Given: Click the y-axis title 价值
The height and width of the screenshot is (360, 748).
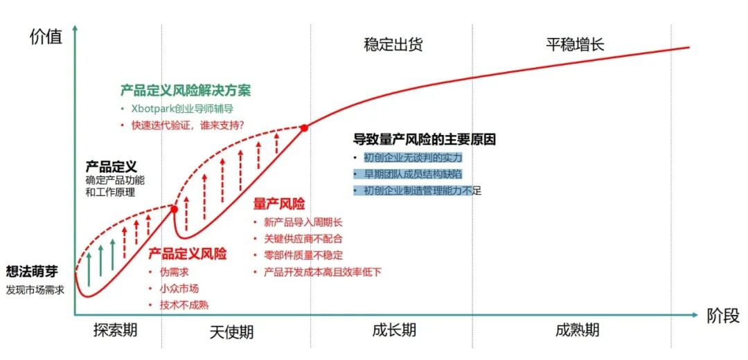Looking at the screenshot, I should (46, 37).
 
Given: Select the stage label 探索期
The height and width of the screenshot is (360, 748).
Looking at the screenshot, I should (115, 330).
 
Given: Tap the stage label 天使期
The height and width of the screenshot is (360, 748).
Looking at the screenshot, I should (231, 332).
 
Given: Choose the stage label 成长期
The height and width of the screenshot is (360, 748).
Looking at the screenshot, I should (393, 330).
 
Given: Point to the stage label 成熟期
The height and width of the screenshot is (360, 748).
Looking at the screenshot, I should (577, 330).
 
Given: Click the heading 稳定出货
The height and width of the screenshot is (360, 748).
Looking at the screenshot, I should (393, 46).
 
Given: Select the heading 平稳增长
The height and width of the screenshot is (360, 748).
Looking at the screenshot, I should (575, 46).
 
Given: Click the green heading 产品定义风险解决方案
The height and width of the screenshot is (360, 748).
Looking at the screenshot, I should (186, 91).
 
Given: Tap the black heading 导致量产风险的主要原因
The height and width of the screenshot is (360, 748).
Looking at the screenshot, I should (425, 139).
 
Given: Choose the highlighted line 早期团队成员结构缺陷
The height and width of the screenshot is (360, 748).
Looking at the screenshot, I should (413, 174).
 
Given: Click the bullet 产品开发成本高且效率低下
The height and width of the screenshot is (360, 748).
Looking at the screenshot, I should (322, 272).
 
